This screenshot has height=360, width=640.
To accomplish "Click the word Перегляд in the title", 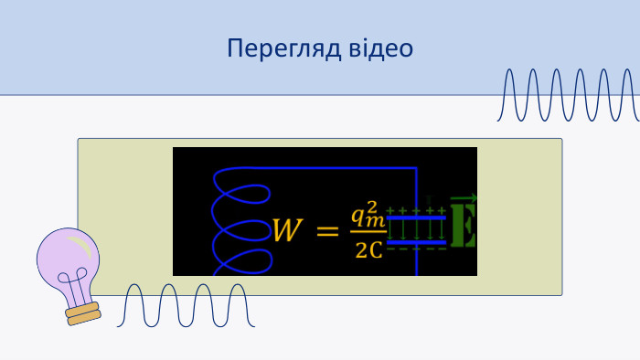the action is point(284,49).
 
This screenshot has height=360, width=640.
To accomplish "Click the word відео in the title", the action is point(381,48).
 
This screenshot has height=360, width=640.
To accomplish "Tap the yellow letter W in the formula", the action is point(288,230).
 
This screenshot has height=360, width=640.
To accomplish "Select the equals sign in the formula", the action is point(327,231).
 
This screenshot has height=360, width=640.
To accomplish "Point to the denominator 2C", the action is point(369,250).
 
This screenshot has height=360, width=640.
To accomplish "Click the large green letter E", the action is point(464,225).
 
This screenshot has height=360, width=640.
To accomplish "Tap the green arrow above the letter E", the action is point(464,198).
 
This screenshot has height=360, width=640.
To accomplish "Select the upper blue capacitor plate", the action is point(416,217).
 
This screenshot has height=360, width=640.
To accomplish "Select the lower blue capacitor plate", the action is point(416,242).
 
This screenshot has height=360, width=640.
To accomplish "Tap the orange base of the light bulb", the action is point(83,313).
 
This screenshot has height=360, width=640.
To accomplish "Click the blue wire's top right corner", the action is point(416,167).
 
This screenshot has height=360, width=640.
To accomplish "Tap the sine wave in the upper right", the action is point(568,95).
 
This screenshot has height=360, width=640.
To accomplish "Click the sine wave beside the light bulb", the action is point(186,305).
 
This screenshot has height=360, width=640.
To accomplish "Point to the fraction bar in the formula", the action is point(368,232).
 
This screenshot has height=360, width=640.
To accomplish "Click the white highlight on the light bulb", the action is point(80,246).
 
